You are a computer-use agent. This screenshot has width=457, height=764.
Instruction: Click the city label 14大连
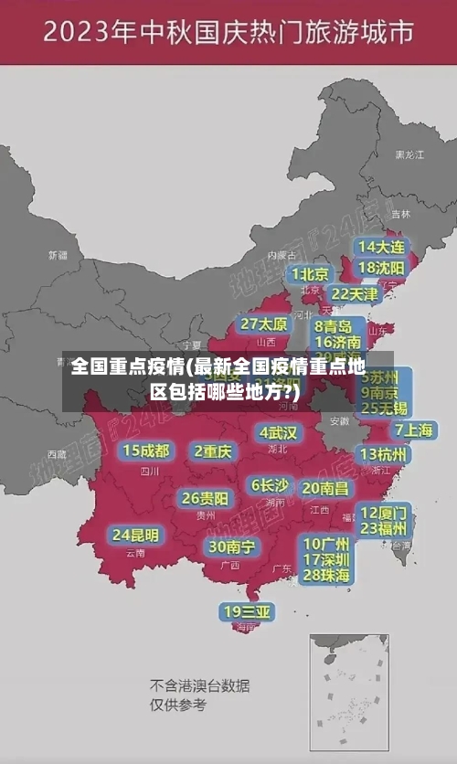coord(381,247)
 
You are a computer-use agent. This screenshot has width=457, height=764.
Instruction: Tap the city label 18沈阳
coord(381,268)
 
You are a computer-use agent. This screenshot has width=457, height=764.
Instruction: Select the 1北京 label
coord(310,274)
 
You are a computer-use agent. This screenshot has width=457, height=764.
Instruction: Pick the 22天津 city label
coord(354,294)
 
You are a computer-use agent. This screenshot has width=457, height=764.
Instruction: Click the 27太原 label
coord(264,324)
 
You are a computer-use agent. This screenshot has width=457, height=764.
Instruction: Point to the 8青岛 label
coord(334,326)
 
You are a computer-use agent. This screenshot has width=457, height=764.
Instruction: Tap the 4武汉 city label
coord(278,432)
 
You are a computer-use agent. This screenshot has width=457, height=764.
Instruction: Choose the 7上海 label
coord(413,430)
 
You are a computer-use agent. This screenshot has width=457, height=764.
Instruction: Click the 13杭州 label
coord(384,454)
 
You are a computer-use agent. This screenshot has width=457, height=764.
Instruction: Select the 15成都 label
coord(146,451)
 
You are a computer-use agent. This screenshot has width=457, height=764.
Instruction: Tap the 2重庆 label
coord(213,451)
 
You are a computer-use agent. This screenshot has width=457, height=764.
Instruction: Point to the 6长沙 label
coord(270,485)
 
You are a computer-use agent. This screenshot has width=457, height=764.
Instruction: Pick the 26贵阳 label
coord(205,499)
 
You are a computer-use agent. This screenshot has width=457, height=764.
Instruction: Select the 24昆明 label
coord(135,535)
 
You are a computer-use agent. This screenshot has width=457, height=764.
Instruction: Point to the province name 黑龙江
coord(409,155)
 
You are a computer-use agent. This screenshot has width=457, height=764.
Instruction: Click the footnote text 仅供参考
coord(178,705)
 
